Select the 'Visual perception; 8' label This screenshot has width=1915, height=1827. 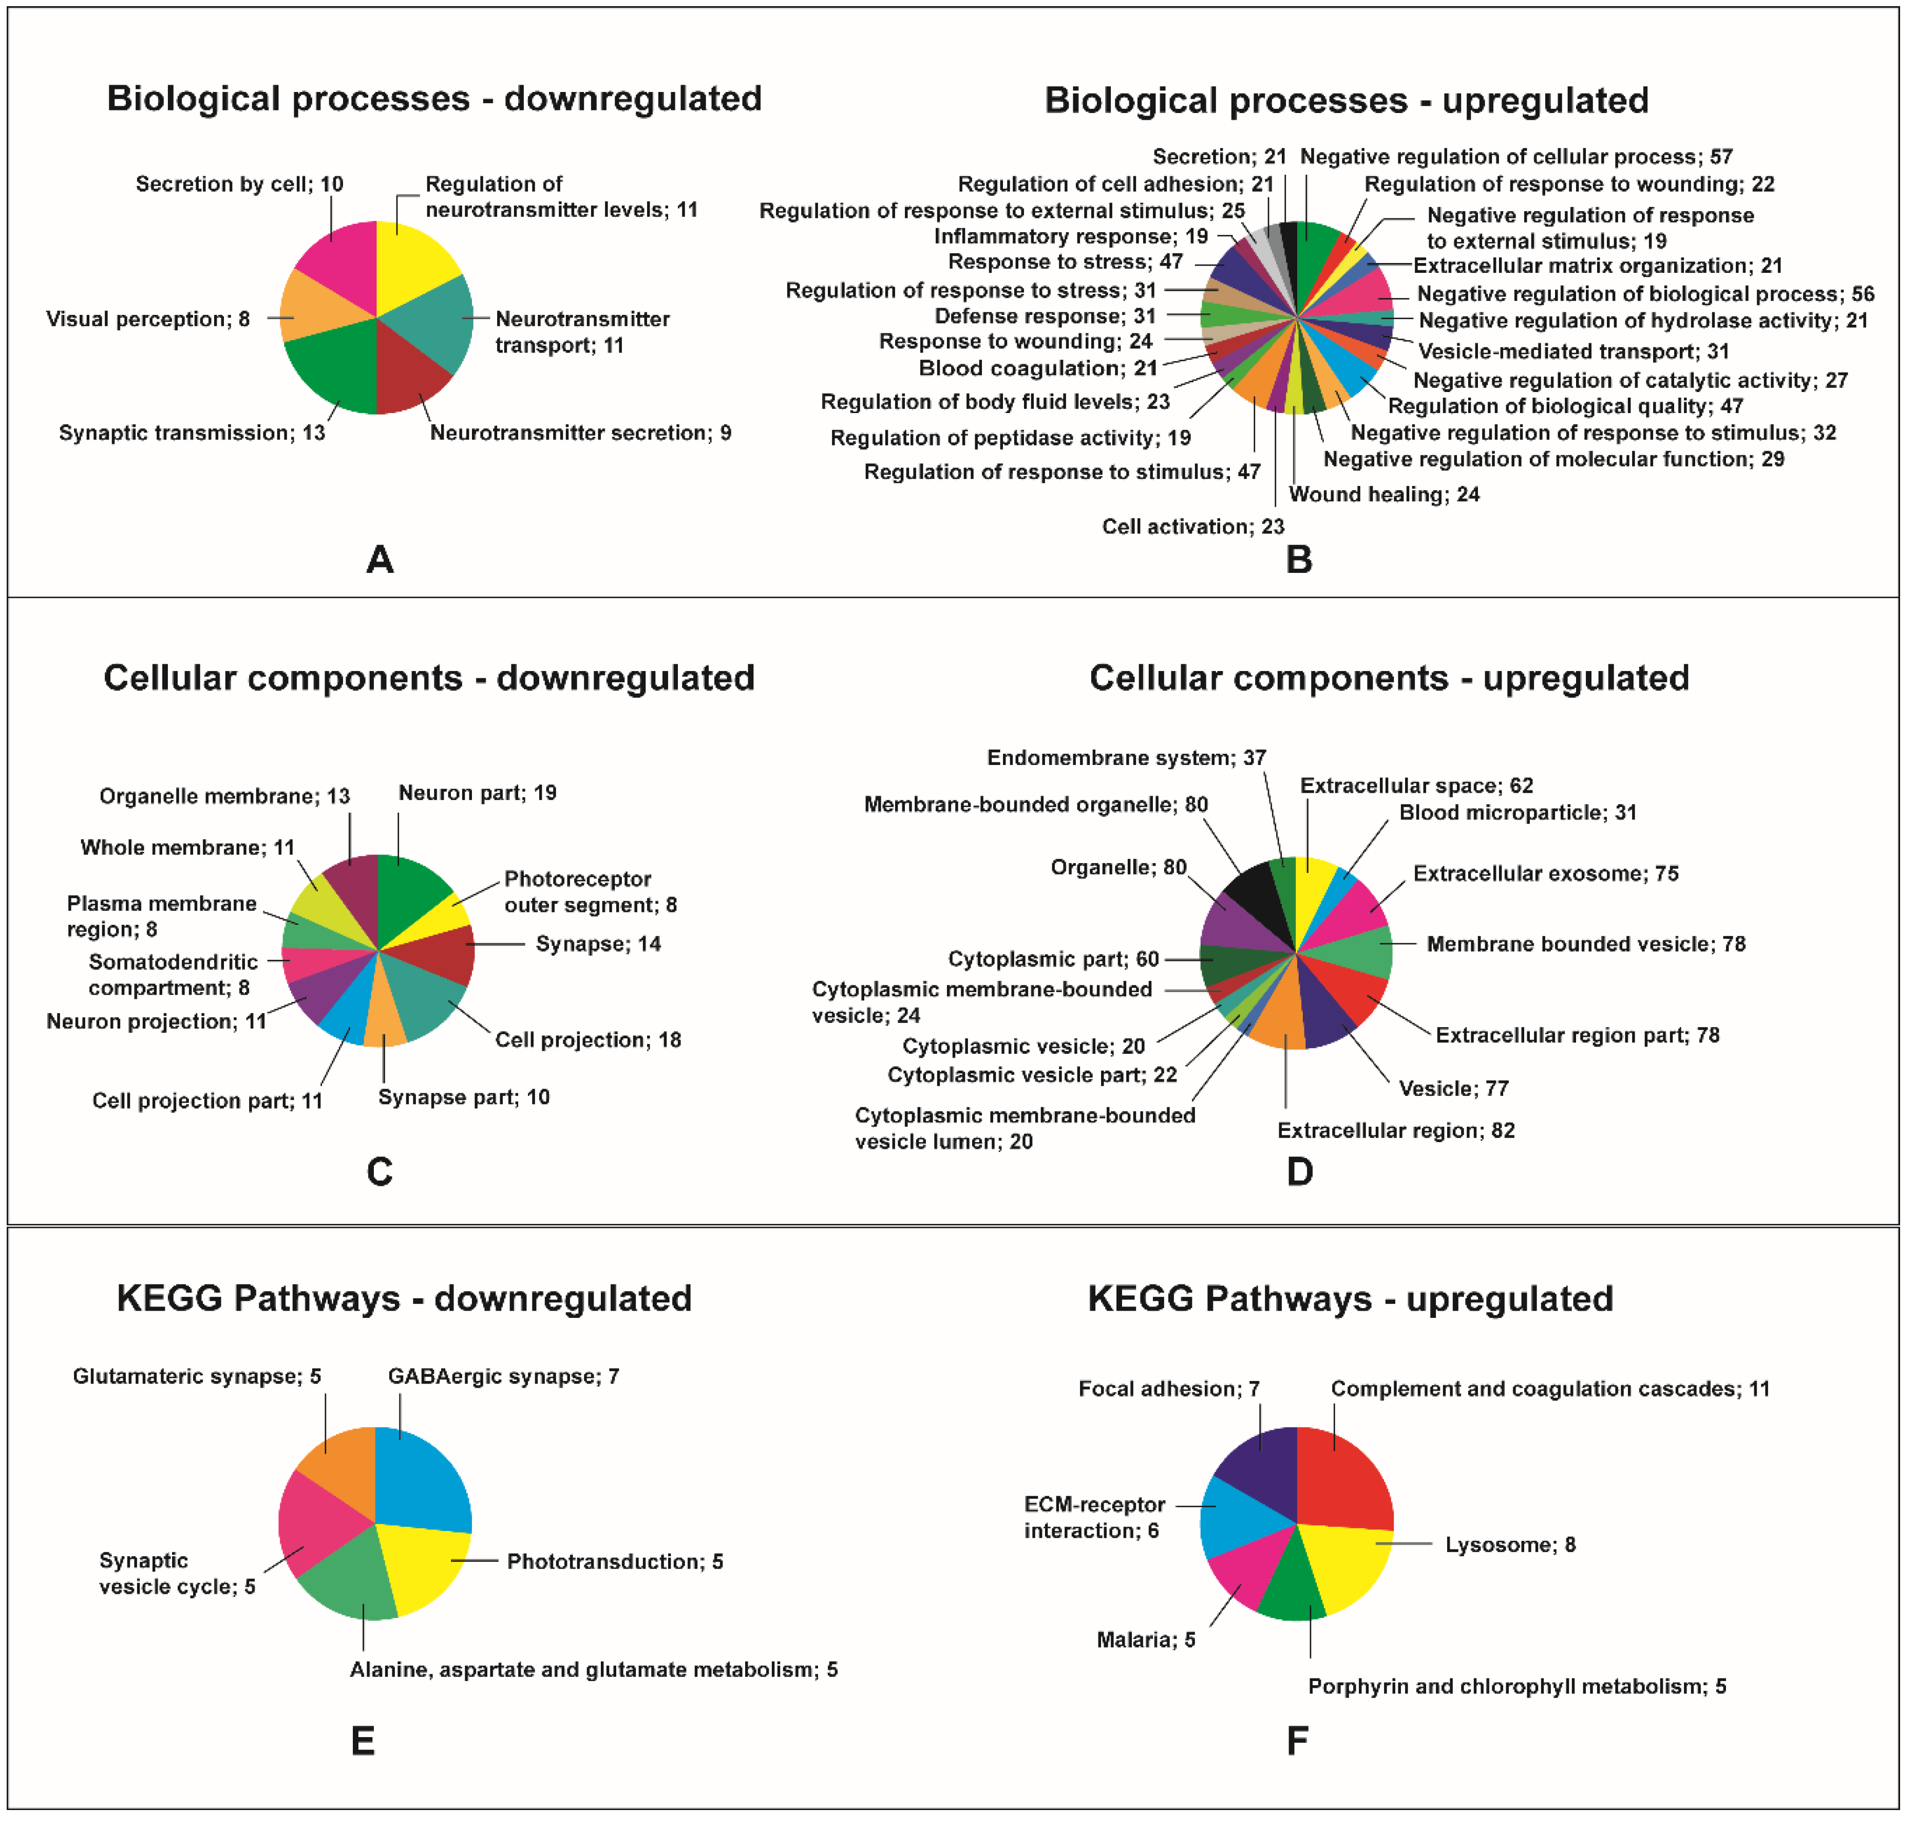148,320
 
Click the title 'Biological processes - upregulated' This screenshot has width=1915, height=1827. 1347,100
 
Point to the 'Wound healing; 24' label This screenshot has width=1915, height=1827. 1383,495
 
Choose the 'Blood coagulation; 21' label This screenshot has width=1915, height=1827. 1038,369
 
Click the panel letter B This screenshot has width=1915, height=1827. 1299,560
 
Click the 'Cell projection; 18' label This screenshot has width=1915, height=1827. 588,1040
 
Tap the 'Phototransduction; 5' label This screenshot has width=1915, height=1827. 614,1562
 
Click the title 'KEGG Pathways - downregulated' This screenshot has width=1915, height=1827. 404,1299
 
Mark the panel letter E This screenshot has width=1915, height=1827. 362,1741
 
